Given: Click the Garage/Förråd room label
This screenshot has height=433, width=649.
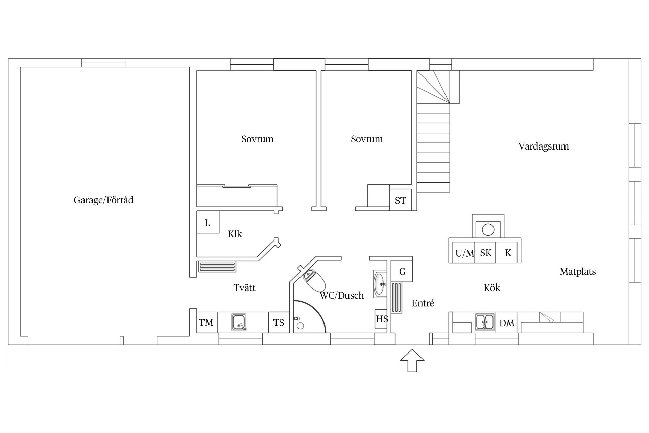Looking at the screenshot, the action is [103, 200].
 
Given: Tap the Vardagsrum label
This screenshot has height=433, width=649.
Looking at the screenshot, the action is [544, 146].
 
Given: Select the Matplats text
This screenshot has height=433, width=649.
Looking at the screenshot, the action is [578, 272].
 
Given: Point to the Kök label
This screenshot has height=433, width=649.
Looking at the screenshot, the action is [492, 288].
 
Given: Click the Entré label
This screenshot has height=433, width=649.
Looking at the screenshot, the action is [423, 303].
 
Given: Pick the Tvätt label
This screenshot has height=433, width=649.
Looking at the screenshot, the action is [244, 288].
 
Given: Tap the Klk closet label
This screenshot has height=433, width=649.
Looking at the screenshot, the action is [235, 234].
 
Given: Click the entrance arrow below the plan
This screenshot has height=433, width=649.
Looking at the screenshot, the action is [412, 361].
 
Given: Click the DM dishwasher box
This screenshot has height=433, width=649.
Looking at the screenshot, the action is [507, 322].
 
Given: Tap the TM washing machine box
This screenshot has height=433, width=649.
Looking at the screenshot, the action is [207, 322].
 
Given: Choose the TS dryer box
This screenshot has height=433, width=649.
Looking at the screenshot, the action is [279, 322].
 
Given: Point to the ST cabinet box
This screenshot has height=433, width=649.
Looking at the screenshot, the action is [401, 200].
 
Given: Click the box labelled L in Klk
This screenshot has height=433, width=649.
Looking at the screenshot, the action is [208, 222].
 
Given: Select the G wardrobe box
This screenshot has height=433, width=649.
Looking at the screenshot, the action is [402, 271].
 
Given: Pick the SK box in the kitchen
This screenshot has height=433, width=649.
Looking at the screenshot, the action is [485, 252].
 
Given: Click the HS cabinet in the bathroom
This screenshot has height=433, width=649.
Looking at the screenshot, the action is [381, 319].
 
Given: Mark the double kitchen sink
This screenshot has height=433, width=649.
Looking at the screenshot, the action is [485, 322].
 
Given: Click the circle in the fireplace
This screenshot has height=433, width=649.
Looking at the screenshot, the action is [488, 230].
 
